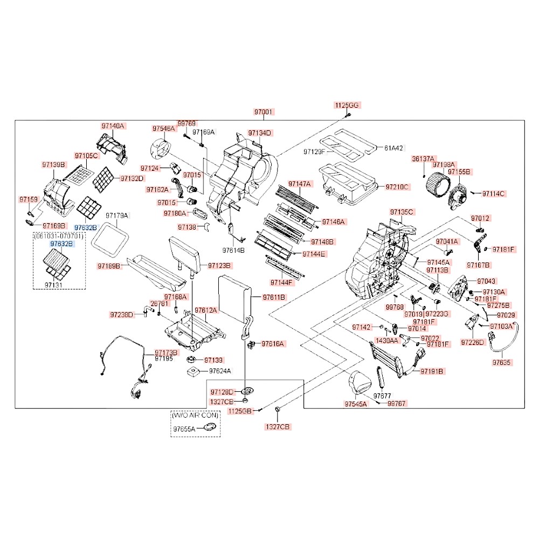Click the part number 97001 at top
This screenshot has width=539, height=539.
(x=264, y=112)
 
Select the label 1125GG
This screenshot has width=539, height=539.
(x=346, y=105)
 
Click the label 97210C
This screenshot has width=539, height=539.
(x=397, y=187)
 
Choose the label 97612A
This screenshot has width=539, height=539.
(x=206, y=310)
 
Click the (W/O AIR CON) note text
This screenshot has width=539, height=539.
(x=193, y=416)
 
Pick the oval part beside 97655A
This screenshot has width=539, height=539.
(x=209, y=428)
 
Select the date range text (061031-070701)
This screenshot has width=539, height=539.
(x=59, y=236)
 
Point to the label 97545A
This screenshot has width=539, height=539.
(x=356, y=404)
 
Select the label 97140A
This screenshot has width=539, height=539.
(x=113, y=126)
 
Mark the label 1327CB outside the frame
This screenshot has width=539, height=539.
(x=277, y=426)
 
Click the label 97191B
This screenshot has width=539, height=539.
(x=432, y=371)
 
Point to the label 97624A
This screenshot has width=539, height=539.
(x=219, y=371)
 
